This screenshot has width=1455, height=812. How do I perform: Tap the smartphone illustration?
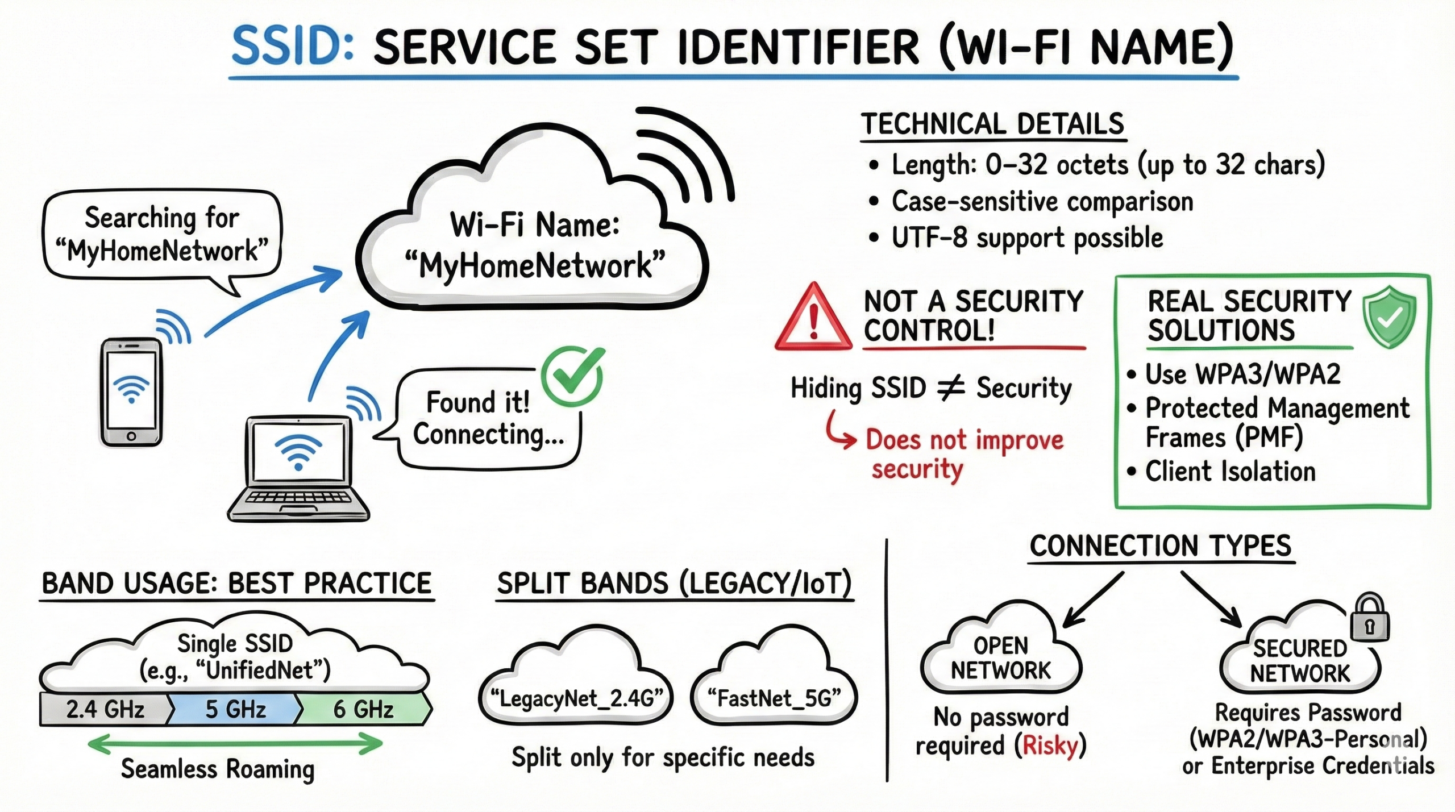[x=131, y=392]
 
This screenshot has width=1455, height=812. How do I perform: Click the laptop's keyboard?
[x=299, y=500]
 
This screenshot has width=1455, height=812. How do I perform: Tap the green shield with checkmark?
[x=1389, y=317]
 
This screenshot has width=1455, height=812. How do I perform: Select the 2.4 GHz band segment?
[x=105, y=709]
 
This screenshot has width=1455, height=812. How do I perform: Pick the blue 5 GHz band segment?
[x=235, y=709]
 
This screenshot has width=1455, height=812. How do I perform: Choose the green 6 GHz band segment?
[x=364, y=709]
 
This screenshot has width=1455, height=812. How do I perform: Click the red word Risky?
[x=1050, y=746]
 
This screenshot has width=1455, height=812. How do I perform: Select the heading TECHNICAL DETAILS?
[x=992, y=124]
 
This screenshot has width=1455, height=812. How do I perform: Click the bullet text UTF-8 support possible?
[x=1026, y=238]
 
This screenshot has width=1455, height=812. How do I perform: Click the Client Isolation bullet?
[x=1230, y=472]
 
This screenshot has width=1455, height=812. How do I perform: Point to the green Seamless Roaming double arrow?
[x=235, y=743]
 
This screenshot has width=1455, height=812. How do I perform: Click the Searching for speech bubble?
[x=162, y=234]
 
